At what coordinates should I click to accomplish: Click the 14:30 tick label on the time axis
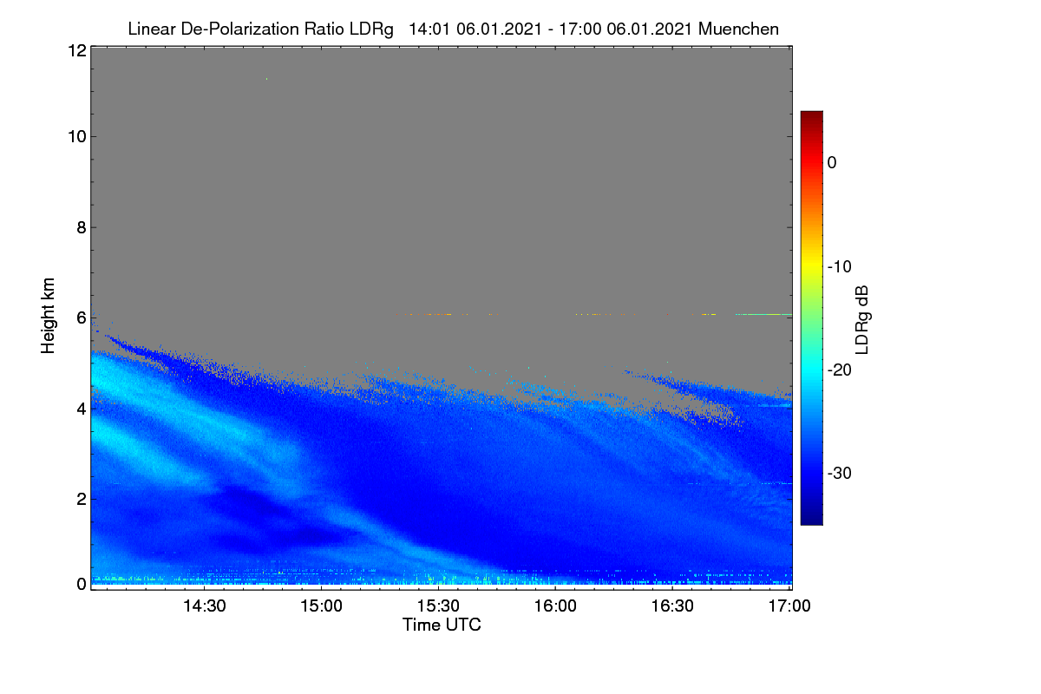(204, 606)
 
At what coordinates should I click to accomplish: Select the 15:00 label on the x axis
(321, 606)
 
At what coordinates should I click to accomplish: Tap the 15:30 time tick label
(438, 606)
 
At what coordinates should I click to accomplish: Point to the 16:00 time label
(555, 606)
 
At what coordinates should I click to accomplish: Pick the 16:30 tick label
(672, 606)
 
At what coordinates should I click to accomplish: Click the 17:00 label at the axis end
(789, 606)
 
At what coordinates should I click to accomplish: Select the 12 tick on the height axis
(77, 50)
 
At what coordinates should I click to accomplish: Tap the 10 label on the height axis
(77, 137)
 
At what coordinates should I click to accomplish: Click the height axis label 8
(82, 227)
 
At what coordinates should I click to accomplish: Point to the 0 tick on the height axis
(82, 585)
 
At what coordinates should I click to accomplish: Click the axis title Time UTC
(442, 625)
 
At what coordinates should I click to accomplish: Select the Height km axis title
(48, 316)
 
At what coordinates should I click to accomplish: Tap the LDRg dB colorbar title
(861, 320)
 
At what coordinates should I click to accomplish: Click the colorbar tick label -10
(840, 267)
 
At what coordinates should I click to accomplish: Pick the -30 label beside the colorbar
(840, 473)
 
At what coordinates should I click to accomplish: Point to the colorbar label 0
(832, 163)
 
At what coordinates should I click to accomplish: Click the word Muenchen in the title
(738, 29)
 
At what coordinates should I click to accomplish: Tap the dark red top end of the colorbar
(811, 113)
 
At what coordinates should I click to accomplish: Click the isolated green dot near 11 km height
(267, 79)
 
